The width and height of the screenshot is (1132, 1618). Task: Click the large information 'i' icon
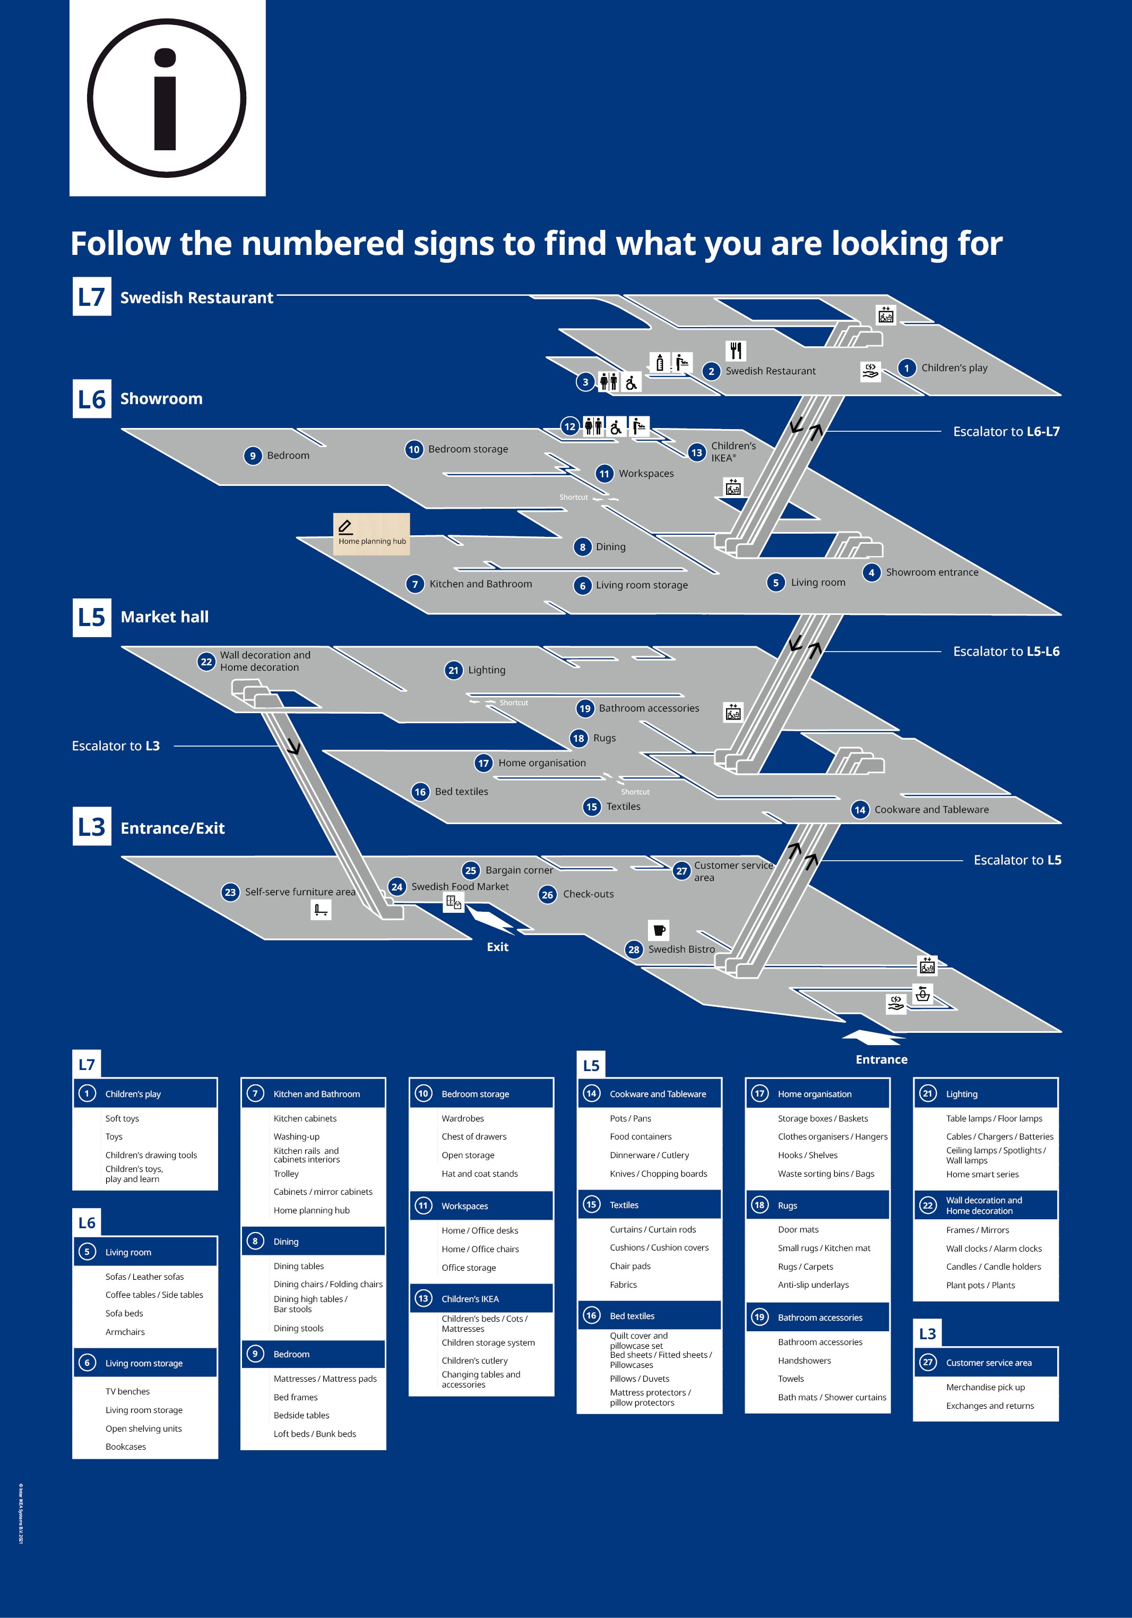167,98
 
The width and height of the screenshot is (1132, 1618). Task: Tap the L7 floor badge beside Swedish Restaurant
92,297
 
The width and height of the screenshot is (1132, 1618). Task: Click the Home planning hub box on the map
371,534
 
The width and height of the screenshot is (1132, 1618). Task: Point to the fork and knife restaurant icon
736,350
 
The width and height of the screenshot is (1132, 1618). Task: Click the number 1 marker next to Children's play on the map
906,368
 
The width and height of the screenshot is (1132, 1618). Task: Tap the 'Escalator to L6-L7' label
1005,431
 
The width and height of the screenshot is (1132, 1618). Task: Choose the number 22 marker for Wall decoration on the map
206,662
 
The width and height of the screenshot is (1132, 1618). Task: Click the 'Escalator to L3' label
116,746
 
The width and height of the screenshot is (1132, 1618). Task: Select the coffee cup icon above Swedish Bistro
659,929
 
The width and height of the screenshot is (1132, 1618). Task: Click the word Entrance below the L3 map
881,1059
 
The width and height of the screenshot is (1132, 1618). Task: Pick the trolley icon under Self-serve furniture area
321,910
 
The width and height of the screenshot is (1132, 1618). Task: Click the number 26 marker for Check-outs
547,895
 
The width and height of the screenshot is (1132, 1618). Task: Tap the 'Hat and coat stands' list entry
479,1174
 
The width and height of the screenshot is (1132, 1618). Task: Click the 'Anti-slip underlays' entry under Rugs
813,1285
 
